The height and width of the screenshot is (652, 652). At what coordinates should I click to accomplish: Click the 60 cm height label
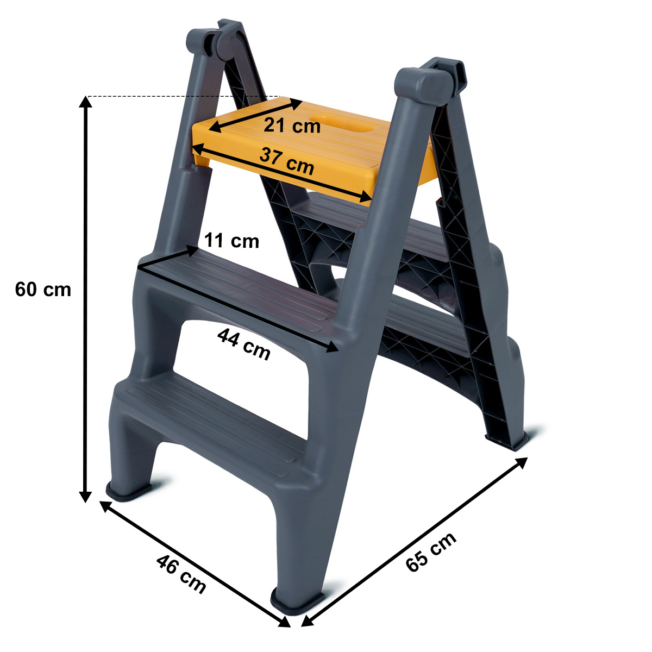[43, 290]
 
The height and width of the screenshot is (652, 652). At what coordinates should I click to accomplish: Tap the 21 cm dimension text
[292, 126]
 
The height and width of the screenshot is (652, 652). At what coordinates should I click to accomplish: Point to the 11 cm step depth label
[232, 241]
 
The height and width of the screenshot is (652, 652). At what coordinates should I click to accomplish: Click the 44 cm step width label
[243, 344]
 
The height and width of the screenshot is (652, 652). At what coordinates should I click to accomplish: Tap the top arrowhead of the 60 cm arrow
[85, 102]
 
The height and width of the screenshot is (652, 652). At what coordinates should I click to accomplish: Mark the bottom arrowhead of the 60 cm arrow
[85, 497]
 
